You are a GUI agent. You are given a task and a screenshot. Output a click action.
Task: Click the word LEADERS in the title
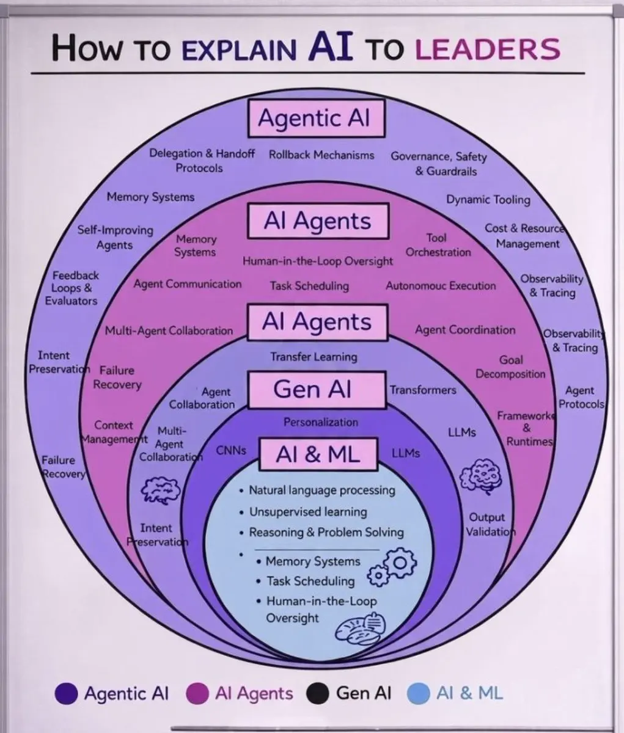(x=488, y=49)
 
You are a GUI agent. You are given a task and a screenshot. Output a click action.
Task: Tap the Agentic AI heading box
(x=316, y=118)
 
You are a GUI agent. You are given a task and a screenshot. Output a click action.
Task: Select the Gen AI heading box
(x=317, y=390)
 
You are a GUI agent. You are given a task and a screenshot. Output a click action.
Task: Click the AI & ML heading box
(x=318, y=454)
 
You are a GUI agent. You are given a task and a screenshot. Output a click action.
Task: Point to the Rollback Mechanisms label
(x=321, y=155)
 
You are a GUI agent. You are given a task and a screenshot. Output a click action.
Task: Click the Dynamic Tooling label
(x=488, y=200)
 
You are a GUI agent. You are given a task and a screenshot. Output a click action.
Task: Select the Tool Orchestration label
(x=438, y=245)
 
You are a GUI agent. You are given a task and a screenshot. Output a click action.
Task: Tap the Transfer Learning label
(x=314, y=357)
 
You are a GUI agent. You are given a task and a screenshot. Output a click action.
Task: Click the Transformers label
(x=423, y=390)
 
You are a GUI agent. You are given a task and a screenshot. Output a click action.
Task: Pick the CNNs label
(x=231, y=450)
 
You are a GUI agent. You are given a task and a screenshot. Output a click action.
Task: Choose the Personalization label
(x=321, y=422)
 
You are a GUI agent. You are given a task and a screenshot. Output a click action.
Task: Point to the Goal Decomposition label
(x=510, y=366)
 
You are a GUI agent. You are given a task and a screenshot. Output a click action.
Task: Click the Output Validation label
(x=490, y=525)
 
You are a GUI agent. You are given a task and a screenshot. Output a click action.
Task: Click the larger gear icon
(x=400, y=563)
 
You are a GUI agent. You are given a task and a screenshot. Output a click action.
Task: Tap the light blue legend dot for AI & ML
(x=419, y=693)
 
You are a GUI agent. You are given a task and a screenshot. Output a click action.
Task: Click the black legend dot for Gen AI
(x=317, y=693)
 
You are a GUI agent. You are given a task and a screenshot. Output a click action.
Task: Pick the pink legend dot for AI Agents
(x=197, y=693)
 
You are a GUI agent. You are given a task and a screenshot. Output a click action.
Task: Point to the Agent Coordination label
(x=465, y=330)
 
